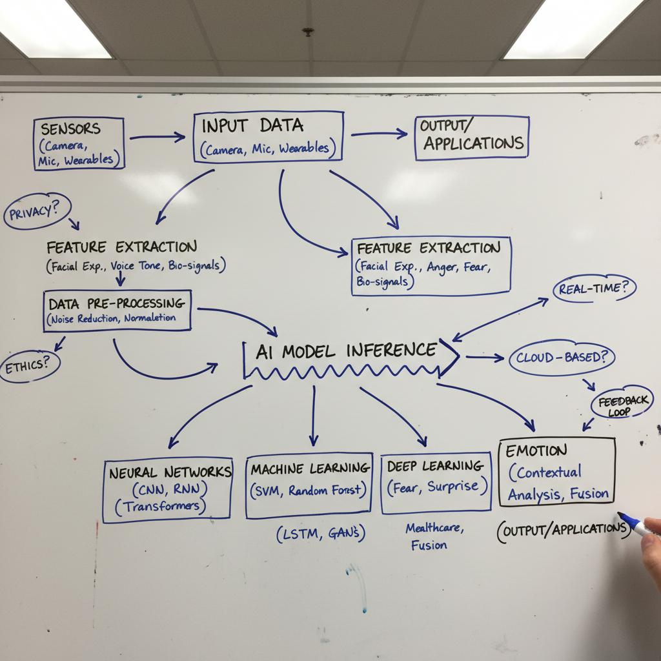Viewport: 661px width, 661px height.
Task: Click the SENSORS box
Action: click(78, 143)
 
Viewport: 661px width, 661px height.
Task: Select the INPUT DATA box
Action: click(268, 136)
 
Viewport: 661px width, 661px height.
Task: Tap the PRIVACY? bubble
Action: click(37, 211)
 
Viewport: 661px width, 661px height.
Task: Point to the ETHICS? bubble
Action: click(29, 365)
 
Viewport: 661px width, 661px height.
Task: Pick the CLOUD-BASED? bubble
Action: click(562, 357)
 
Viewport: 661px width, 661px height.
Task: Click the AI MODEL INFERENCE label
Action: click(346, 352)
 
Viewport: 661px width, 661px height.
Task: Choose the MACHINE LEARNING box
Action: click(310, 485)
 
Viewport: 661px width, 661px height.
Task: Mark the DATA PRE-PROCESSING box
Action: click(117, 310)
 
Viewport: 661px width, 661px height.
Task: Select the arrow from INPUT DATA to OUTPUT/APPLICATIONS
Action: click(379, 134)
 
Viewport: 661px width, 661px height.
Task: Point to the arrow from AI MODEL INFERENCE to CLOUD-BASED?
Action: click(484, 356)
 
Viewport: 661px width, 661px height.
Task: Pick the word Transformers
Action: click(161, 507)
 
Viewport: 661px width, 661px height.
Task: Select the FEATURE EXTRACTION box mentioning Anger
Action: click(431, 265)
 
